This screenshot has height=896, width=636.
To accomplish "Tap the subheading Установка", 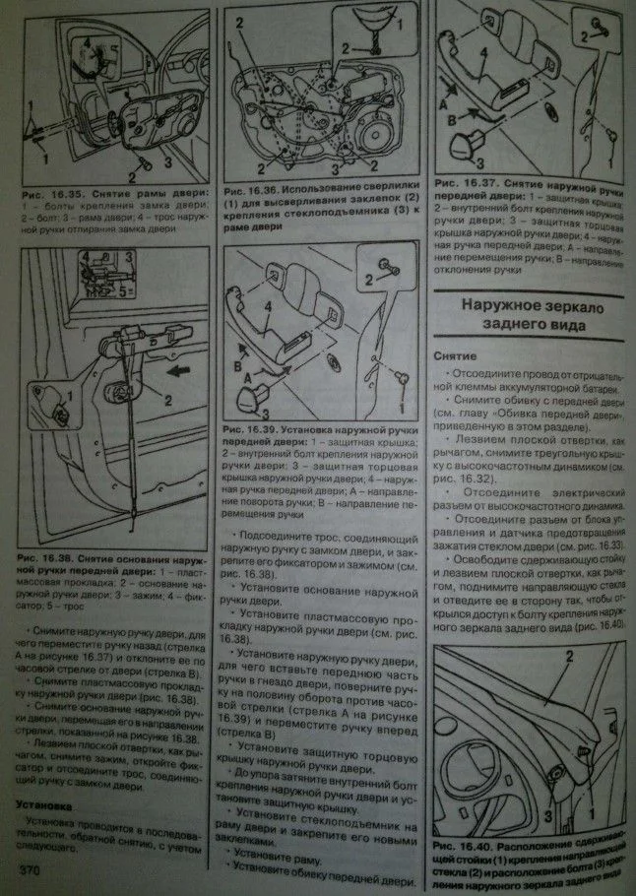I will point(50,803).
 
